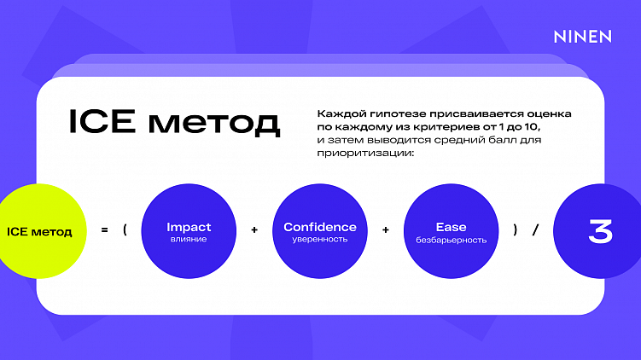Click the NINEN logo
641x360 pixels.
[x=582, y=37]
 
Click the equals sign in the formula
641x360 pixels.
[x=104, y=229]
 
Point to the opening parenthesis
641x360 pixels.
[x=125, y=229]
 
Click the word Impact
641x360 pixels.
[x=189, y=227]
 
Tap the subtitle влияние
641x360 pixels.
[x=189, y=240]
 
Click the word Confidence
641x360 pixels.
[x=320, y=227]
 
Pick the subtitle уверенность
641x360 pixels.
[x=320, y=240]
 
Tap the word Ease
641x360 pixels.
[x=451, y=227]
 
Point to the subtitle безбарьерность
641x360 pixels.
[x=451, y=240]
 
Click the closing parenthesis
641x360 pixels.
[x=515, y=229]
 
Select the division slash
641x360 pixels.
[x=535, y=229]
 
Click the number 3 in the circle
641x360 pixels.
[x=600, y=231]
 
